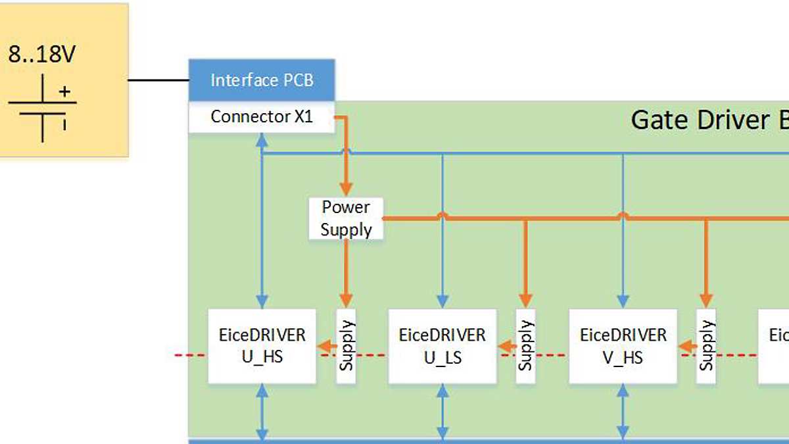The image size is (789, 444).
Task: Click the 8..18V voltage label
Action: pos(42,54)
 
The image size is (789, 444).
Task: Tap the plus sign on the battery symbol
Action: pos(64,91)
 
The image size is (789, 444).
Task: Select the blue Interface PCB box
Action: pos(262,80)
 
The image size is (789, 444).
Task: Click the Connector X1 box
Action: pos(262,117)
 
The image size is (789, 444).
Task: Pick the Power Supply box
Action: pos(346,218)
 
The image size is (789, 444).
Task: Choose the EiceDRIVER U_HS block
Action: pos(262,346)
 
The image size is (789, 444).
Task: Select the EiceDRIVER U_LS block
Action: pos(442,346)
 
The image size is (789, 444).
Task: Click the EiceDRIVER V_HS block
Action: pos(623,346)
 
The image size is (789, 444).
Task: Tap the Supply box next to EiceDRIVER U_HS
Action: pos(347,346)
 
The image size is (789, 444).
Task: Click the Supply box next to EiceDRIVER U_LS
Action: pos(525,346)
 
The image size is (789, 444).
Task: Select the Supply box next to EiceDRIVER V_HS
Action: pos(707,346)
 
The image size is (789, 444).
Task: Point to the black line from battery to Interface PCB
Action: pos(158,80)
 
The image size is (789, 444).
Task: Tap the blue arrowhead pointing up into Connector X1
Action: pos(262,139)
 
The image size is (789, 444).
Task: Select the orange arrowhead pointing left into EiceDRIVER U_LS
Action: pos(504,346)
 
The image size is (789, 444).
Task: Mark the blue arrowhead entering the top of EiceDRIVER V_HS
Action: pos(623,302)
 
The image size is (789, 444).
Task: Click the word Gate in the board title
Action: pos(658,120)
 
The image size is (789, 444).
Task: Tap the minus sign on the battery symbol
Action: pos(64,123)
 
